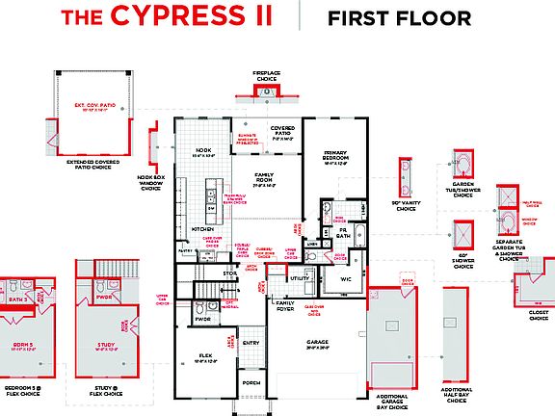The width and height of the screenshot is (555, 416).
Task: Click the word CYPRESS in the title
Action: [190, 16]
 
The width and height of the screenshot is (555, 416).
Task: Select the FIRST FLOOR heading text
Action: [399, 17]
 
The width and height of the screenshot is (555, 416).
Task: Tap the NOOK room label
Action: [203, 150]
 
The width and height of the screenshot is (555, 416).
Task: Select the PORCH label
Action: [251, 382]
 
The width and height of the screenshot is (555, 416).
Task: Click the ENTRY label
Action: [251, 342]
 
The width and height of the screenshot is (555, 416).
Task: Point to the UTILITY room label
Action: [299, 278]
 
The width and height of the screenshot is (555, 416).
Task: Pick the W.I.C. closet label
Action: [345, 279]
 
